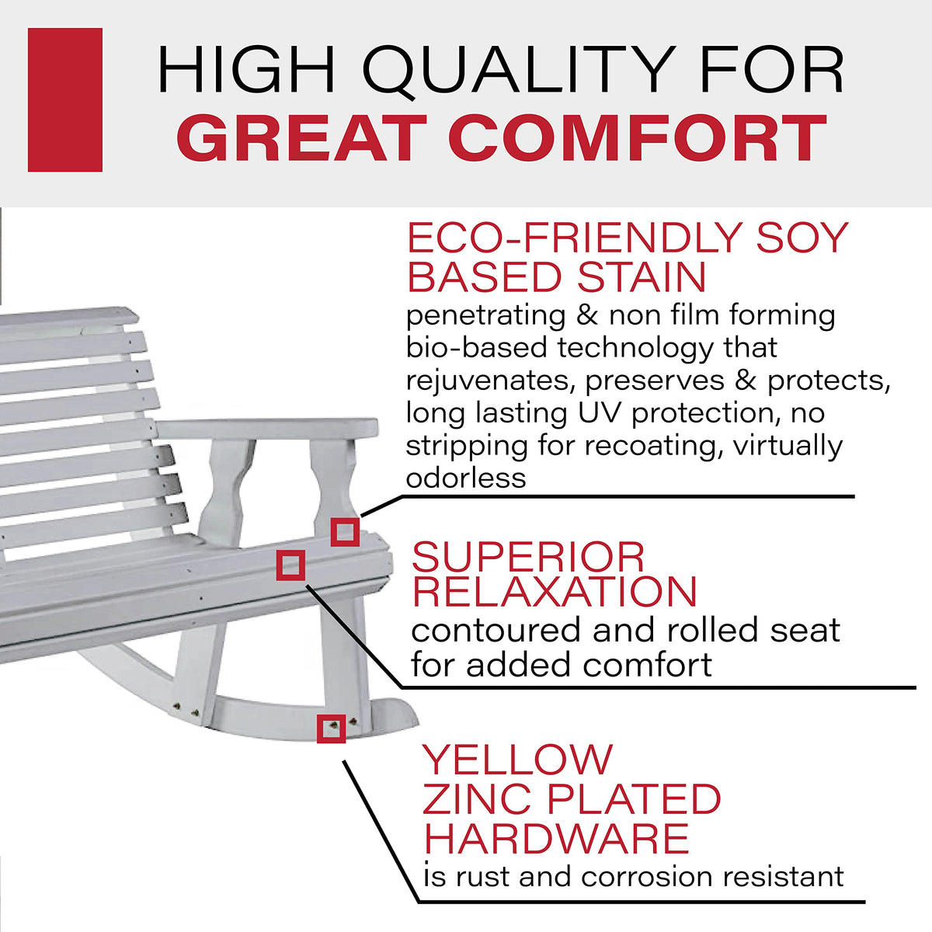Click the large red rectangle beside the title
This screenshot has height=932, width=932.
pyautogui.click(x=64, y=99)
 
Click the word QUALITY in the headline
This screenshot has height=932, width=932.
pyautogui.click(x=519, y=71)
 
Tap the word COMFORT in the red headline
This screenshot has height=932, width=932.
pyautogui.click(x=640, y=137)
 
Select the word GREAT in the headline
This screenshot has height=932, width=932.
pyautogui.click(x=300, y=137)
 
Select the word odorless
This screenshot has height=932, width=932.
pyautogui.click(x=466, y=478)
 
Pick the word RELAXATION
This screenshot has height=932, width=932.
pyautogui.click(x=555, y=592)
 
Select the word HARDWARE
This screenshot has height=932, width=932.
pyautogui.click(x=556, y=839)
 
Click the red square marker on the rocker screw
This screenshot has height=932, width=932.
pyautogui.click(x=332, y=729)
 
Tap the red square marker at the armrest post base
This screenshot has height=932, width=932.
pyautogui.click(x=345, y=532)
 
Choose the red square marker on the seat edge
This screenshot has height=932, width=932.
pyautogui.click(x=290, y=565)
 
